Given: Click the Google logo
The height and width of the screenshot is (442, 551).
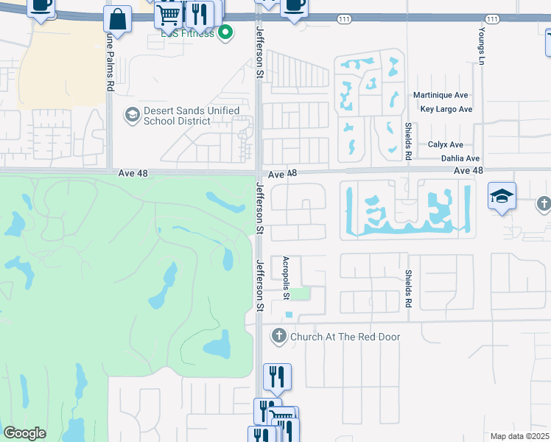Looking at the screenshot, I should pos(25,433).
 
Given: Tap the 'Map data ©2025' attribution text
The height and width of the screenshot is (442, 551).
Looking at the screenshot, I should pos(519,436).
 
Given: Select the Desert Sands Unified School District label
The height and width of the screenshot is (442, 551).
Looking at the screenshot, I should pos(192,116).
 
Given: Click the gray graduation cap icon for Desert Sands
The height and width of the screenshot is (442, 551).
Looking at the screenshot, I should pos(133,114).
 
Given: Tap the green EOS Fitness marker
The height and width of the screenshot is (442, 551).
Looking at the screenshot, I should pos(227,32).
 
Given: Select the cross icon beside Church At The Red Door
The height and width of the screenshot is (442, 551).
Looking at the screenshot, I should pos(278,337).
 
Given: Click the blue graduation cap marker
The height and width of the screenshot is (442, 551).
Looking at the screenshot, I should pos(502,197).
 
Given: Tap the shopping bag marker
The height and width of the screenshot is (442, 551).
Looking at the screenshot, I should pos(117,19).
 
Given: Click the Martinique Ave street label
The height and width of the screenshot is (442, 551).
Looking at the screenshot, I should pos(441,96).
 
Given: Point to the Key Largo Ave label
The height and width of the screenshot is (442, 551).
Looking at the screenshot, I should pos(446,109).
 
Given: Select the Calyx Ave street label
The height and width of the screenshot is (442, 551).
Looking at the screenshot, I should pos(446,145).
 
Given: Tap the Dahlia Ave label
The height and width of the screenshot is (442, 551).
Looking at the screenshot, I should pos(460,158).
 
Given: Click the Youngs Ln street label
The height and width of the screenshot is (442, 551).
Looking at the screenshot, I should pos(481,47).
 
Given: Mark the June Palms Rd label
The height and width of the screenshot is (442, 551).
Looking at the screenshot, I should pos(110,63).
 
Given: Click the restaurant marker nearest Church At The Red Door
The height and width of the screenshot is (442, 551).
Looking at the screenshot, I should pos(277,376).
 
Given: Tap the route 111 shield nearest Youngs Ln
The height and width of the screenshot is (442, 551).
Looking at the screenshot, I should pos(492,18).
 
